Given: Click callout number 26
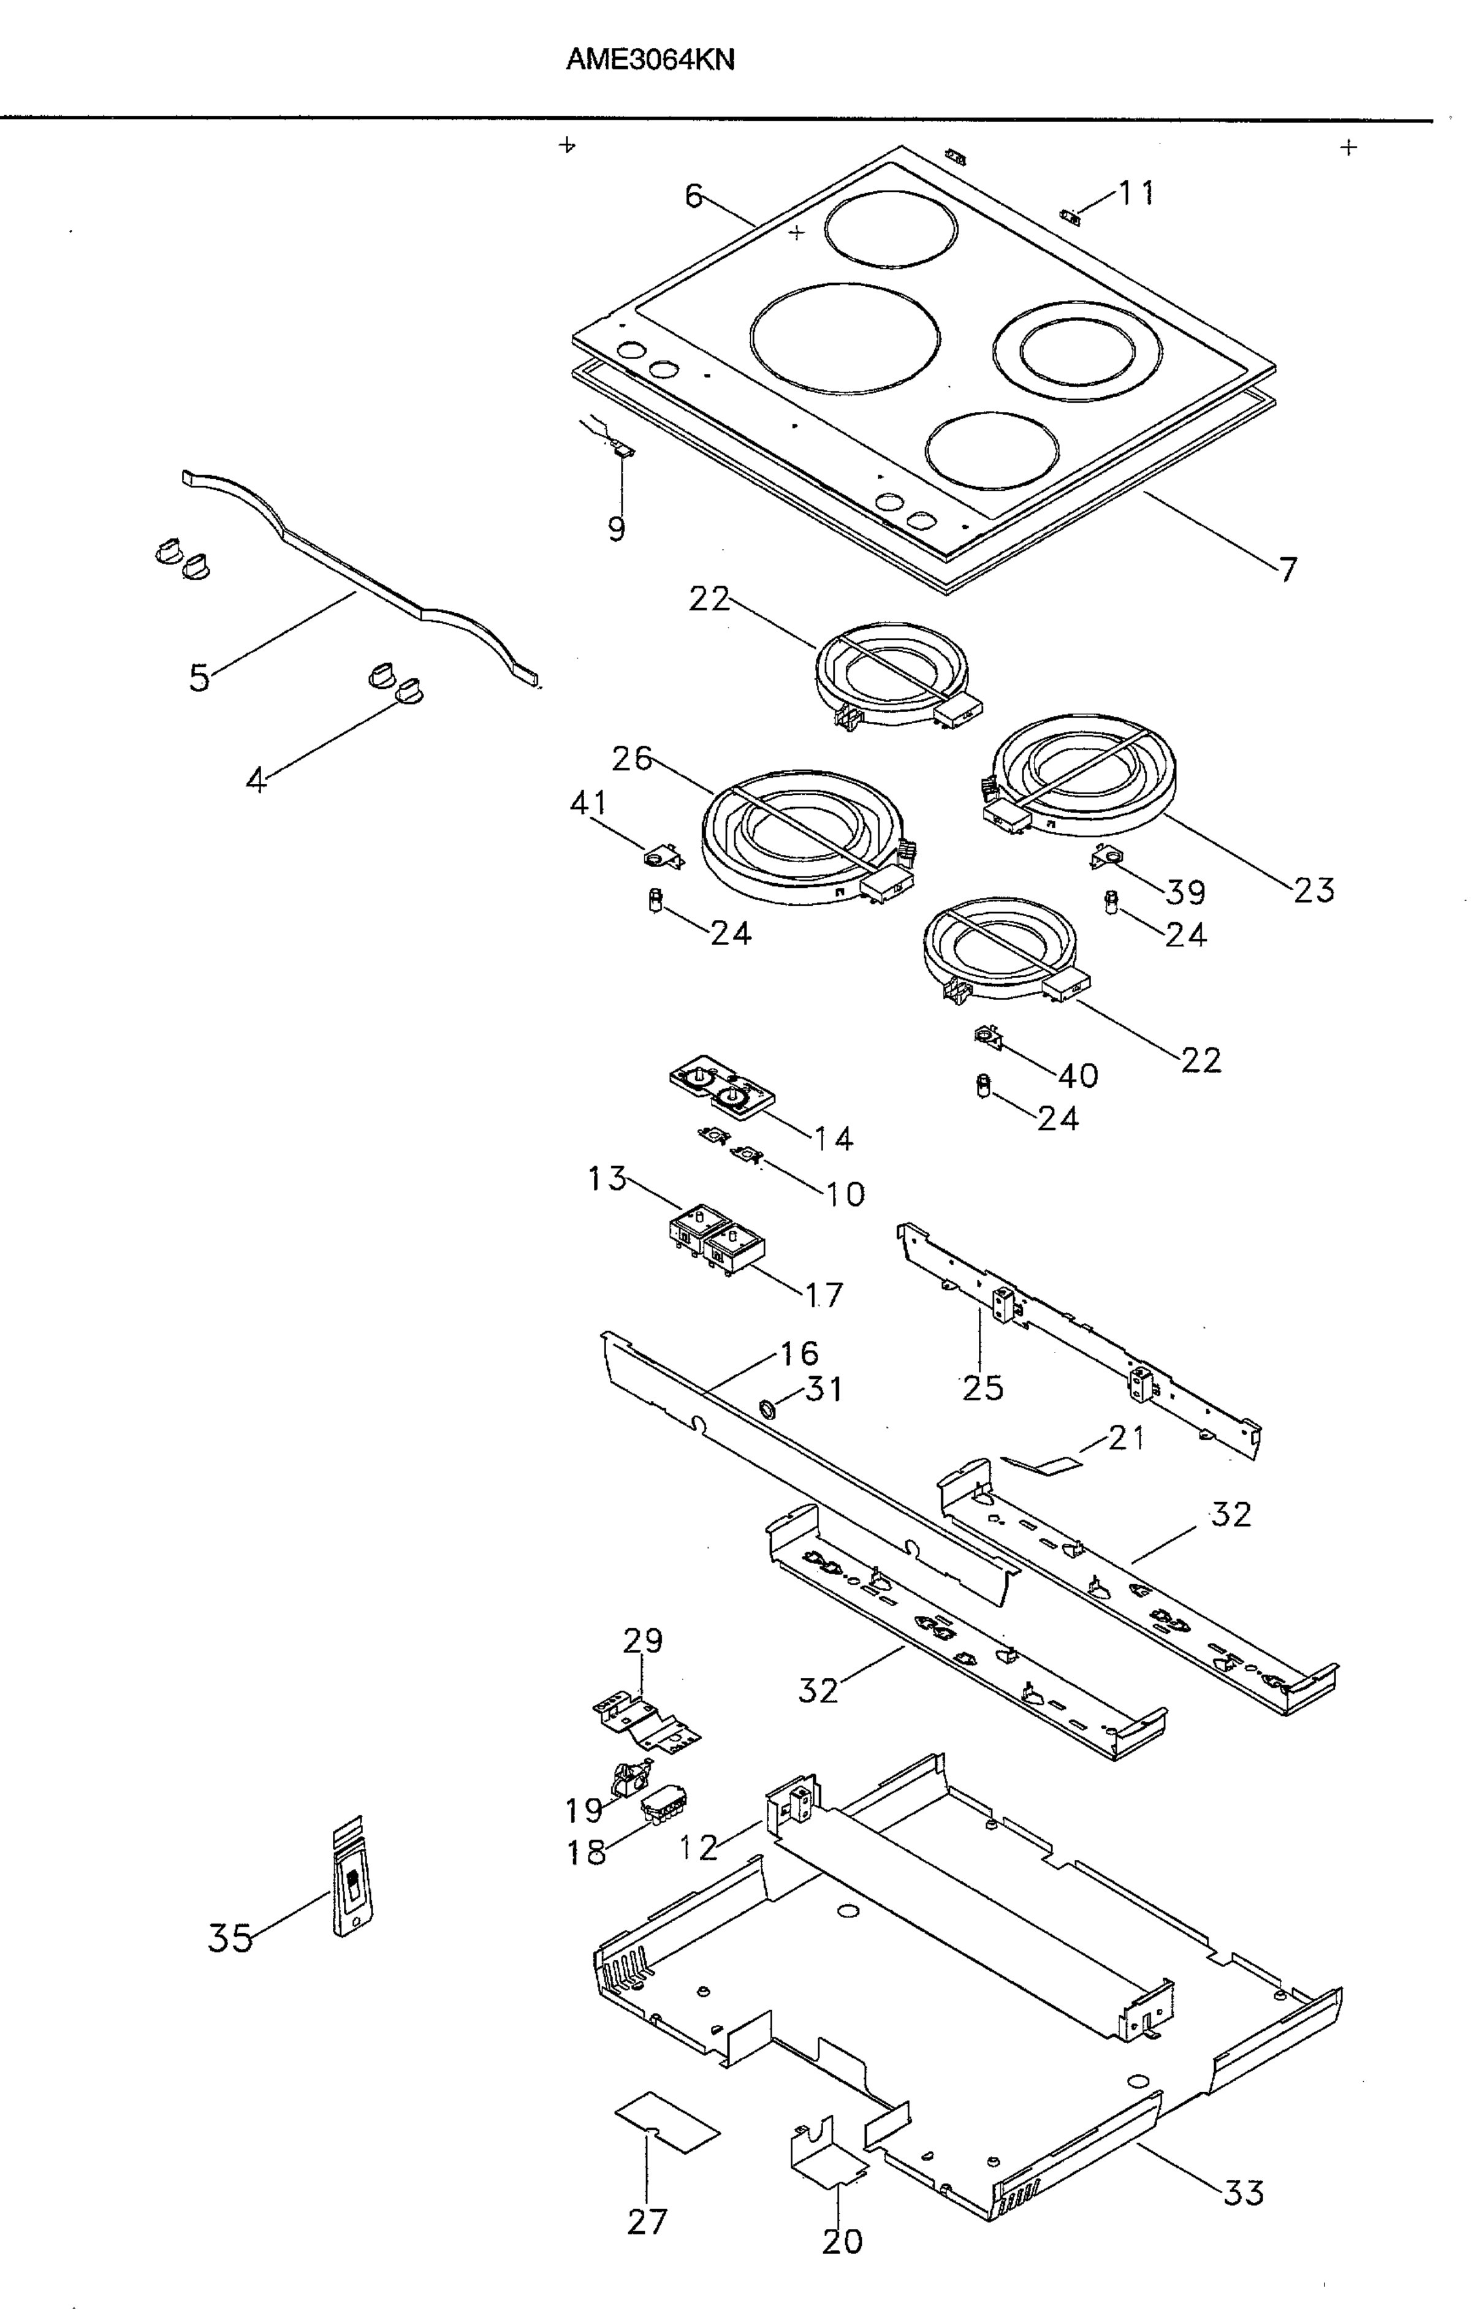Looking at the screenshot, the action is (632, 759).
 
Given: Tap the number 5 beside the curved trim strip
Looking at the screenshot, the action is (199, 678).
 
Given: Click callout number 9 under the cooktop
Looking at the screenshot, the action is (616, 528).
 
